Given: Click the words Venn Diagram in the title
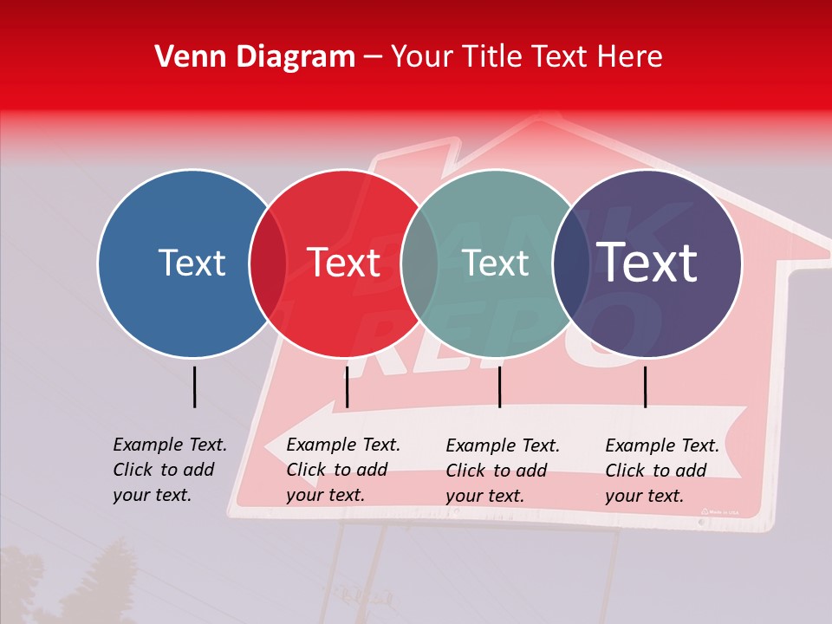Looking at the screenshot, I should [255, 57].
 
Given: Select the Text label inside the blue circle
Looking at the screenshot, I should [192, 263].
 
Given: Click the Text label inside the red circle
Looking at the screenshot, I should [344, 263].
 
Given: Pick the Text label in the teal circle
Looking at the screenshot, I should [496, 263].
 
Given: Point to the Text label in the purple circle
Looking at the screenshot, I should [647, 262].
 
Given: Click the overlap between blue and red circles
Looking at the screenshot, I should [268, 263].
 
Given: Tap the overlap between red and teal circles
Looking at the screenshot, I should [419, 263].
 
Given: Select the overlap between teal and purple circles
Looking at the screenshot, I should [571, 263].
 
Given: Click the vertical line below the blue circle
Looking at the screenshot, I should [195, 387].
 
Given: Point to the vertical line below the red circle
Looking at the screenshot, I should [347, 387].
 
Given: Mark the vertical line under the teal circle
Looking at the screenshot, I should [499, 387].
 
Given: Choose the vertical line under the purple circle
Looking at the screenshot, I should [645, 387].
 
